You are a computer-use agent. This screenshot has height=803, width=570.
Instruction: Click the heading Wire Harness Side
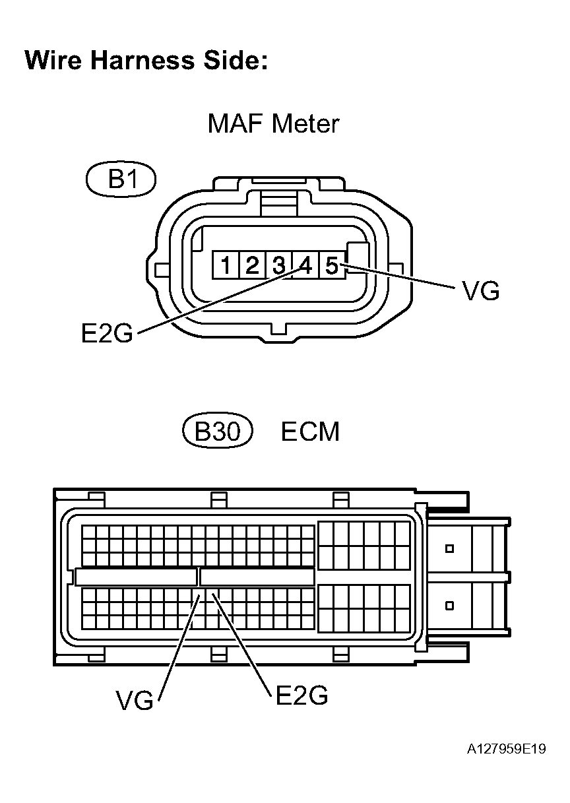coord(146,60)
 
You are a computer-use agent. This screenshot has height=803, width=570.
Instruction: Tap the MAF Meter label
coord(273,123)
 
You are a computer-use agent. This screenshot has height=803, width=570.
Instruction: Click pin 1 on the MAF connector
coord(226,266)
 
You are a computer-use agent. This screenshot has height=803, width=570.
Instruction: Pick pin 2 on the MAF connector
coord(252,266)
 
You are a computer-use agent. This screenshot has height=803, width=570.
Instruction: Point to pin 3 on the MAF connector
coord(278,266)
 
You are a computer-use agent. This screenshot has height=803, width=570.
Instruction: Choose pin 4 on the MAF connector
coord(305,266)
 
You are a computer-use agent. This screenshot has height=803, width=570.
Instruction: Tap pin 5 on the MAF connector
coord(331,266)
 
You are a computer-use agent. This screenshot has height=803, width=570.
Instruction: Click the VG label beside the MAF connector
coord(481,291)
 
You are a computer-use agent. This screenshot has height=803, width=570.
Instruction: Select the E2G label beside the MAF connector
coord(107,334)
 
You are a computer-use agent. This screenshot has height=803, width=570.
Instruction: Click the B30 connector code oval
coord(217,432)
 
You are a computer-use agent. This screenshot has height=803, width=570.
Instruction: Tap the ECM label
coord(310,432)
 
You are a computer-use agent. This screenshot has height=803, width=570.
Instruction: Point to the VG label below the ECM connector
coord(134,701)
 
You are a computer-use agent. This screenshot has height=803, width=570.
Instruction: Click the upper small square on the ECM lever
coord(450,548)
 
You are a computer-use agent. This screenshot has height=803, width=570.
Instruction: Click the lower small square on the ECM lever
coord(450,605)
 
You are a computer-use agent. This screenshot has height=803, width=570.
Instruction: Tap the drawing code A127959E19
coord(507,750)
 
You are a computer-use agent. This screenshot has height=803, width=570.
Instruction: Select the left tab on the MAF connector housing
coord(160,269)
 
